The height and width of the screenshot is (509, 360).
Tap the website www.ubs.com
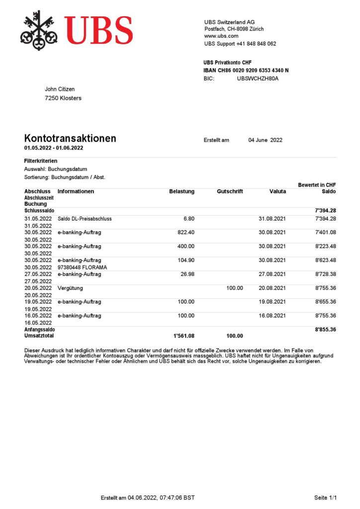[221, 36]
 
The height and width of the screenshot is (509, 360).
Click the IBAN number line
[246, 71]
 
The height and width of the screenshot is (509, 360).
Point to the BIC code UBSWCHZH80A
[258, 79]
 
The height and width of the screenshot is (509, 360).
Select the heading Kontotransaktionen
[70, 138]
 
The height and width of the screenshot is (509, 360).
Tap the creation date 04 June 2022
[265, 140]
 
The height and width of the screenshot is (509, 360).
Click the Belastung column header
[181, 191]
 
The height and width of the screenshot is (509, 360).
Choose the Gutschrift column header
[230, 191]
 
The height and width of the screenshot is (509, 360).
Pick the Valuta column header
[277, 191]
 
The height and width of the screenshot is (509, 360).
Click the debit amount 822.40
[186, 232]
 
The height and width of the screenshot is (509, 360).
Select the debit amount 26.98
[187, 274]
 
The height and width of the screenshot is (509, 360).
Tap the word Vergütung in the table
[70, 288]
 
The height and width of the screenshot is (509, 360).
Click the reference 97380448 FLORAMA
[83, 267]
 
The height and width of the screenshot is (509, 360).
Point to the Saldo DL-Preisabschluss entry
[85, 219]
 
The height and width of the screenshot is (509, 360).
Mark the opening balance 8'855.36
[326, 329]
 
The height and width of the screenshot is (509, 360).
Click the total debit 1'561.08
[183, 336]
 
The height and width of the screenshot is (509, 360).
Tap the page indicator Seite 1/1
[326, 498]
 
